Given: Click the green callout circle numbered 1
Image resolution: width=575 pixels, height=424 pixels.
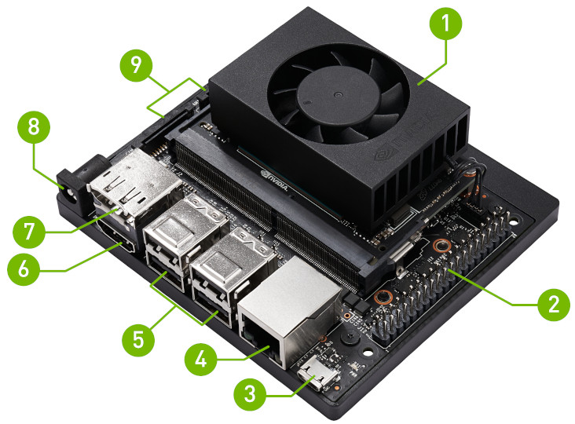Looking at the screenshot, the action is coord(445,24).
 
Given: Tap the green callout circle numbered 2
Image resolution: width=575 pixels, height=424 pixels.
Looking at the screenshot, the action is coord(554,305).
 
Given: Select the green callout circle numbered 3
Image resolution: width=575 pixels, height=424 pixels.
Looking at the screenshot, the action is coord(250,395).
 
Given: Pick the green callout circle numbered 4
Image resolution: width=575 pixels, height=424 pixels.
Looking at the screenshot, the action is coord(200,359).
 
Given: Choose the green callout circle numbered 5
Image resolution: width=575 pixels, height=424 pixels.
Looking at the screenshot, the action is coord(138,340).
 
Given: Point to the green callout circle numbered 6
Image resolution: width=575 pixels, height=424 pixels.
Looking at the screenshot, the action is coord(24,269).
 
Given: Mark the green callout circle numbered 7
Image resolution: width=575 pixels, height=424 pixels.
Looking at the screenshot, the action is coord(28,232).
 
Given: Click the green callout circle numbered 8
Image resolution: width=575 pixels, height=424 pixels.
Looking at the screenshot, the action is coord(33,127).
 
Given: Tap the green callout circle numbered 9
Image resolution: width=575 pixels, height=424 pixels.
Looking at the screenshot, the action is coord(136,66).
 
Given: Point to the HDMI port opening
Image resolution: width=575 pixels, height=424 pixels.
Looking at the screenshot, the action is coord(116,237).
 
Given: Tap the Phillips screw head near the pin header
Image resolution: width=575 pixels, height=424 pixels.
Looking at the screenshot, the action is coord(350,336).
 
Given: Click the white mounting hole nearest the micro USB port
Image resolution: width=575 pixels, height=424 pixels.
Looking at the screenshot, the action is coord(368,353).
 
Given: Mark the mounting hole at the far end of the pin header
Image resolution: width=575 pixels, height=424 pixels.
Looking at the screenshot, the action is coord(515,221).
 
